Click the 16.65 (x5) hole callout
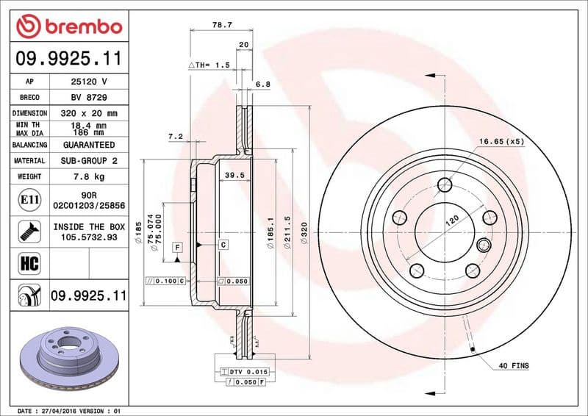[x=501, y=140]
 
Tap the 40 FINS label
[x=514, y=365]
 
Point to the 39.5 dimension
[x=234, y=176]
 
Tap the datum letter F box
[x=177, y=248]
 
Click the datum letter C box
[x=223, y=243]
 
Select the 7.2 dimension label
[x=174, y=136]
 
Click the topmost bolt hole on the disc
[x=444, y=184]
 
